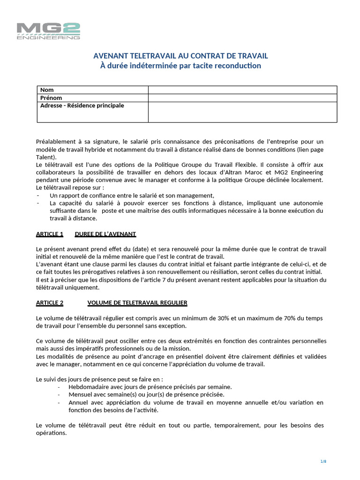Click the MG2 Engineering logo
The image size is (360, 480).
(48, 31)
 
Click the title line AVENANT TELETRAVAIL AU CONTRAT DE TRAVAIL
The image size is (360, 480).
(181, 56)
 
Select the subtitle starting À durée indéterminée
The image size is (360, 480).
(181, 66)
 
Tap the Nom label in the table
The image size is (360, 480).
(47, 90)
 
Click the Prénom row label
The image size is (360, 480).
(51, 98)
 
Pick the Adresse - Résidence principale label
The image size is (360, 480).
(82, 106)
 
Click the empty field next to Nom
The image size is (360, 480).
(242, 90)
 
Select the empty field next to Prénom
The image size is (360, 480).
(242, 98)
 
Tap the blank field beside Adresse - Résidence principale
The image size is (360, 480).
(242, 112)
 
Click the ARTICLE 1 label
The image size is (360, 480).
(50, 234)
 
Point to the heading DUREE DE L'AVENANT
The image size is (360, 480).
(105, 234)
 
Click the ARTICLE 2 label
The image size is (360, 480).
(50, 303)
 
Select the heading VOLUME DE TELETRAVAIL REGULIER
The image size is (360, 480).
(137, 303)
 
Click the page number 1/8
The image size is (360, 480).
(323, 462)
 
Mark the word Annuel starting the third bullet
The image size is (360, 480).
(78, 403)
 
